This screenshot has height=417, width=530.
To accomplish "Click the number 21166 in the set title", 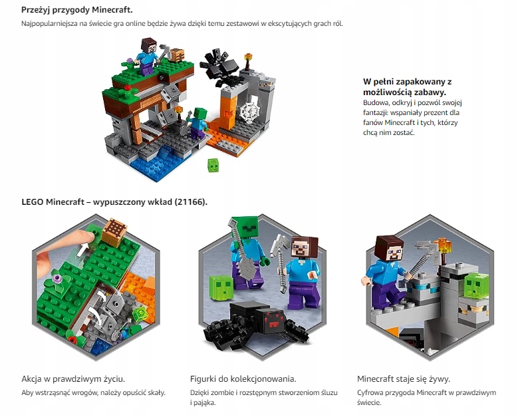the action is tap(188, 202).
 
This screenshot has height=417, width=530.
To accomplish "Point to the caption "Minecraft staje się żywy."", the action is tap(404, 379).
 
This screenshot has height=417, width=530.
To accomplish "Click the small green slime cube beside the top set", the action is tap(213, 165).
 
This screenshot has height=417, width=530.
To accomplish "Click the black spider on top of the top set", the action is tap(220, 67).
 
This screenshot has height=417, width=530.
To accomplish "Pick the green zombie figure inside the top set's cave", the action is tap(199, 120).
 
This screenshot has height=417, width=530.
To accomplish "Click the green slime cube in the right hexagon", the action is tap(476, 286).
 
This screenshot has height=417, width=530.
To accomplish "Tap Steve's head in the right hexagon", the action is tap(389, 249).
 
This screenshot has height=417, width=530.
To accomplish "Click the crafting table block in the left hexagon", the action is tap(114, 235).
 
